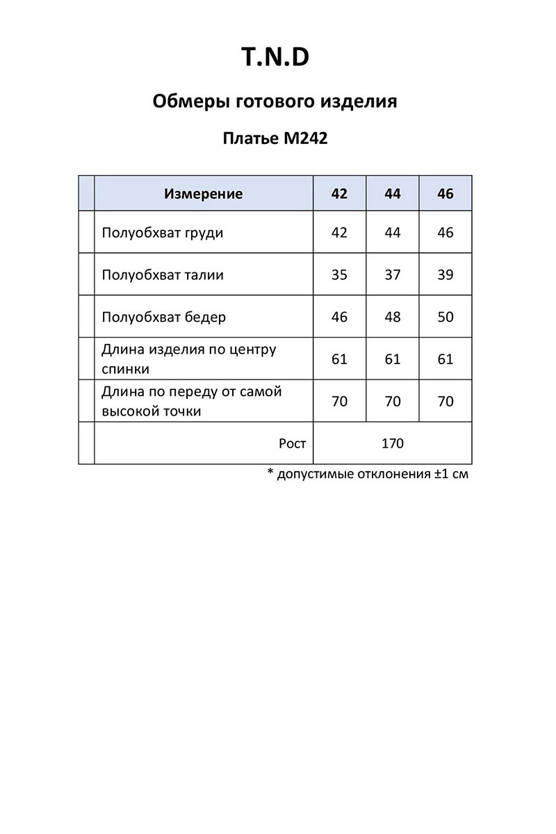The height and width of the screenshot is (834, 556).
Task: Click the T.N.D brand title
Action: pos(275,58)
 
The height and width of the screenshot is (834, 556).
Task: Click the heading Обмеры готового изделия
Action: pos(275,101)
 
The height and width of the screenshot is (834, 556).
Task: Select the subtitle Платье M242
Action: pos(275,138)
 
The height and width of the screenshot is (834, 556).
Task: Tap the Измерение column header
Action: pos(204,194)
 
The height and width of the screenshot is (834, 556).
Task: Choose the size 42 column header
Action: pos(339,194)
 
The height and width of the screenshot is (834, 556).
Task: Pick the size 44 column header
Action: pos(393,194)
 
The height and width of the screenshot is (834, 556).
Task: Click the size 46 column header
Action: pos(445,194)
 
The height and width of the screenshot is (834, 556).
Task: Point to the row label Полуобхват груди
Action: pos(163,233)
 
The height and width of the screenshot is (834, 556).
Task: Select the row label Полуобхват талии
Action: pos(163,275)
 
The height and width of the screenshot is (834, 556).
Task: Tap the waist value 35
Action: pos(339,275)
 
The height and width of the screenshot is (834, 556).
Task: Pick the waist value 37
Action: pos(393,275)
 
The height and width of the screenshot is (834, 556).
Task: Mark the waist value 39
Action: pos(445,275)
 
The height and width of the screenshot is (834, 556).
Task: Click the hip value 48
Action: pos(393,318)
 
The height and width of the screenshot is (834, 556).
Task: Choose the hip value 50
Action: pos(445,318)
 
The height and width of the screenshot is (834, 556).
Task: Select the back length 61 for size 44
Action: pos(393,359)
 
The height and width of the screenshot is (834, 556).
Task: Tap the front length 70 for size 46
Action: pos(445,402)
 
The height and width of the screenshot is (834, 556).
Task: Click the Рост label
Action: pos(292,443)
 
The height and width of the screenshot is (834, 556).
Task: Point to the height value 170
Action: pos(393,443)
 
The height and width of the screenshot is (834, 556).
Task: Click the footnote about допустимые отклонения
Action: pos(368,475)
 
